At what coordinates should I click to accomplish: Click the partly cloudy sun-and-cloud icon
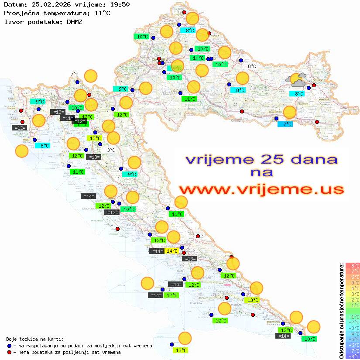pyautogui.click(x=296, y=80)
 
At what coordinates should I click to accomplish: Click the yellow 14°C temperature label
pyautogui.click(x=172, y=251)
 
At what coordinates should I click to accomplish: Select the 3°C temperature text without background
pyautogui.click(x=111, y=150)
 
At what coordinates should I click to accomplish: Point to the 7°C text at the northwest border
pyautogui.click(x=74, y=75)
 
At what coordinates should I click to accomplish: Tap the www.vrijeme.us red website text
pyautogui.click(x=261, y=189)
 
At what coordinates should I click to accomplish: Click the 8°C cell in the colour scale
pyautogui.click(x=353, y=265)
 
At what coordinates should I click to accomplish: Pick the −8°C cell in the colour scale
pyautogui.click(x=353, y=356)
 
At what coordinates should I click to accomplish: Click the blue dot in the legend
pyautogui.click(x=9, y=346)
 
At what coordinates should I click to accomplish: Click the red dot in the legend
pyautogui.click(x=9, y=352)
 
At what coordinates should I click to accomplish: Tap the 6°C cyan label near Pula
pyautogui.click(x=45, y=146)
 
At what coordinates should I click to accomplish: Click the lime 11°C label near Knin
pyautogui.click(x=176, y=214)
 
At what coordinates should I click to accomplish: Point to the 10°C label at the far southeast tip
pyautogui.click(x=310, y=339)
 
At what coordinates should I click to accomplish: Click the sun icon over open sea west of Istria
pyautogui.click(x=22, y=151)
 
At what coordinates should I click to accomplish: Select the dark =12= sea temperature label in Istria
pyautogui.click(x=20, y=128)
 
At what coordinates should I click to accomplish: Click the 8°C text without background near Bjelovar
pyautogui.click(x=252, y=66)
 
